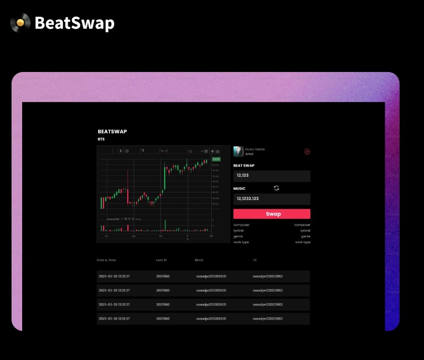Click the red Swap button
pos(272,214)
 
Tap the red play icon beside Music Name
pos(307,151)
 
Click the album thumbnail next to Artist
pos(239,151)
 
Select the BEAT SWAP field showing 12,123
pos(272,176)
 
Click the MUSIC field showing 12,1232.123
pos(272,199)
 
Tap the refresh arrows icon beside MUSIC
pos(276,188)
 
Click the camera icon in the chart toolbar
pos(218,151)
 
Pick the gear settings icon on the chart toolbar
pos(206,151)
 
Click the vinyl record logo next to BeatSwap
pos(20,23)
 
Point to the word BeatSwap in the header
pos(74,23)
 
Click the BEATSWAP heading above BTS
pos(112,132)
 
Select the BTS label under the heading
pos(101,139)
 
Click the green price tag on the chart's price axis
pos(216,159)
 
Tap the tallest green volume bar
pos(165,225)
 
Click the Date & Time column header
pos(107,260)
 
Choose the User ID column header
pos(161,260)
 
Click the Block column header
pos(199,260)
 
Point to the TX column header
pos(255,260)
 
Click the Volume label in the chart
pos(113,219)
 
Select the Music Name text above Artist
pos(255,149)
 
